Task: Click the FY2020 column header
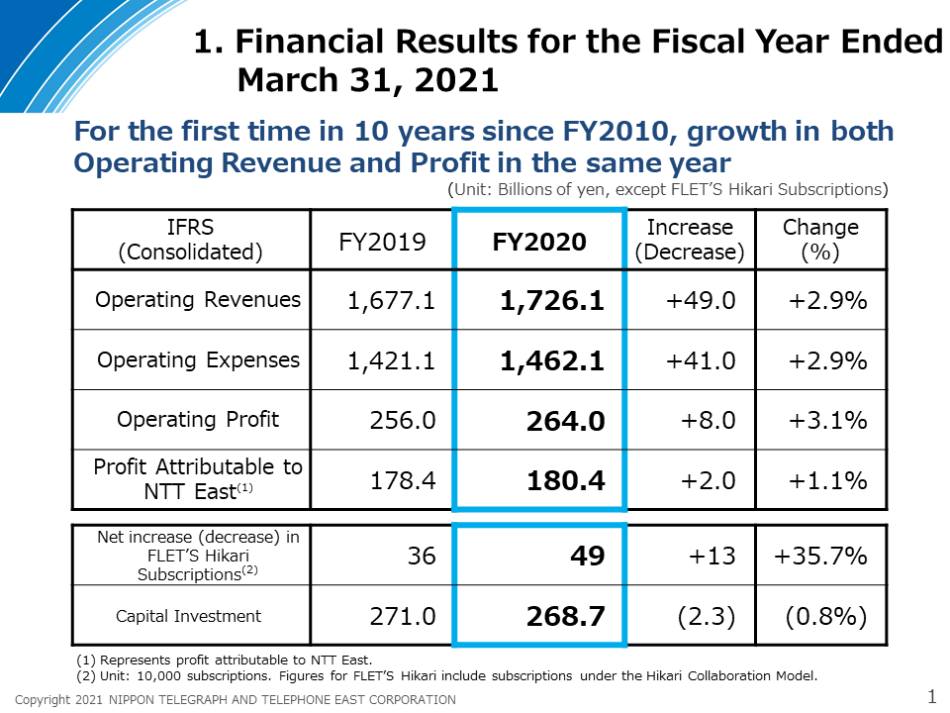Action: point(539,242)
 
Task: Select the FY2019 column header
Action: point(382,242)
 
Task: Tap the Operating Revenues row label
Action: point(198,299)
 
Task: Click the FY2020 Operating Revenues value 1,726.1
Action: point(552,300)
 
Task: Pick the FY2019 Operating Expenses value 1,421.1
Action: point(391,360)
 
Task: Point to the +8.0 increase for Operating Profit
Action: point(708,420)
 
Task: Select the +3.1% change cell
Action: point(827,420)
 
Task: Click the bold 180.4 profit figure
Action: point(566,481)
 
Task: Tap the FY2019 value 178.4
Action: point(403,481)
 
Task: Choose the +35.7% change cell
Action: point(820,556)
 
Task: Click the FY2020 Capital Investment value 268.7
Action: point(566,616)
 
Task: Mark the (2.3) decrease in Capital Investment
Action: point(707,616)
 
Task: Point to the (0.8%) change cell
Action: point(826,616)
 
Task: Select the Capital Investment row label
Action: point(188,616)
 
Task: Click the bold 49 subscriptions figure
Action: point(588,556)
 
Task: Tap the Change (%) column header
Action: point(820,240)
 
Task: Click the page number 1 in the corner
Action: point(932,696)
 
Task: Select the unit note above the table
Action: point(668,190)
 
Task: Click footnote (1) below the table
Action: point(225,660)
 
